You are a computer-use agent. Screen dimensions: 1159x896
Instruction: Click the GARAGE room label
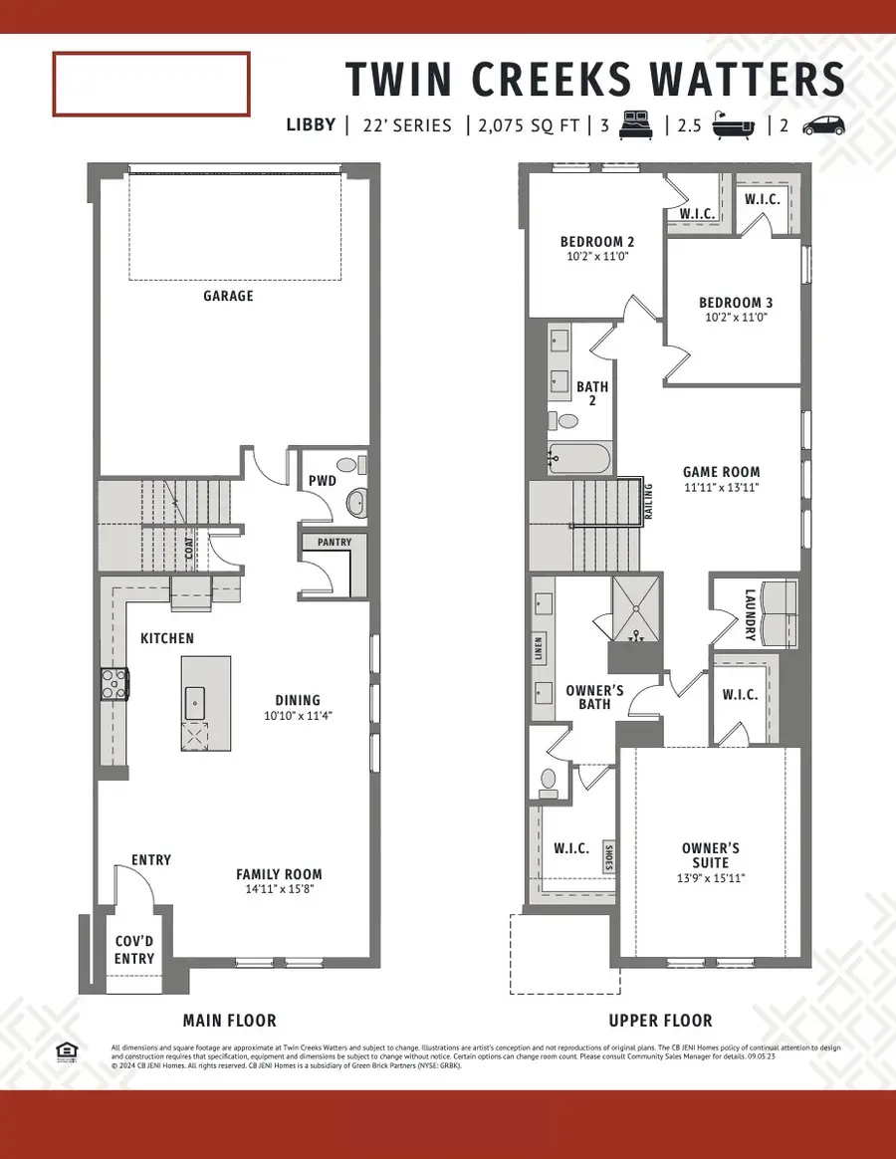[229, 296]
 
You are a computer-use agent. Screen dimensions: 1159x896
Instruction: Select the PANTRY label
[334, 543]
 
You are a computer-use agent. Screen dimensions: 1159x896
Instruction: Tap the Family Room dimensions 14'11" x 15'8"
[279, 890]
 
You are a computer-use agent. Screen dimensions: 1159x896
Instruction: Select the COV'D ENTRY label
[134, 950]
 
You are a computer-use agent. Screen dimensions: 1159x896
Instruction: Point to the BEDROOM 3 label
[736, 303]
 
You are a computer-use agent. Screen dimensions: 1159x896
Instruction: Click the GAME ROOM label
[721, 472]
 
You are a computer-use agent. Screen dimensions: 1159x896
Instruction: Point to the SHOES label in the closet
[608, 856]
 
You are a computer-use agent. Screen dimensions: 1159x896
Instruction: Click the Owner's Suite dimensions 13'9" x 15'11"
[712, 878]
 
